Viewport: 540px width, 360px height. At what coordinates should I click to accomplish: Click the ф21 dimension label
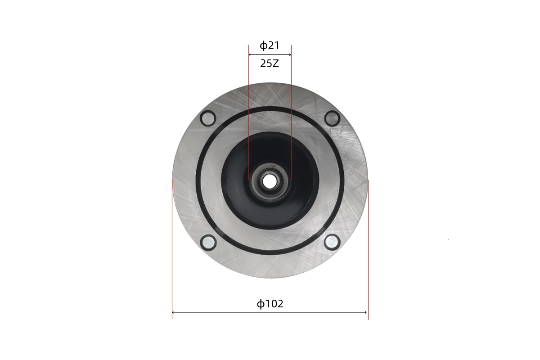coord(270,45)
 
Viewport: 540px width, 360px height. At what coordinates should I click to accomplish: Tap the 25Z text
coord(270,63)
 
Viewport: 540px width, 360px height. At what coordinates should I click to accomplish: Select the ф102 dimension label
coord(270,304)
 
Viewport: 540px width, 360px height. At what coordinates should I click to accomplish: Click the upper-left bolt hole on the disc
coord(208,118)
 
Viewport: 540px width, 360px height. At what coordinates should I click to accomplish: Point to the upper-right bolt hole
coord(332,118)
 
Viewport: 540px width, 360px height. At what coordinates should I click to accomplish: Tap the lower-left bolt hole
coord(208,243)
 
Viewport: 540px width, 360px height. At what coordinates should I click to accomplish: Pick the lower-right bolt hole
coord(332,242)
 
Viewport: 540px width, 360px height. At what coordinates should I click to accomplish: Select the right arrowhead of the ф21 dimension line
coord(290,55)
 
